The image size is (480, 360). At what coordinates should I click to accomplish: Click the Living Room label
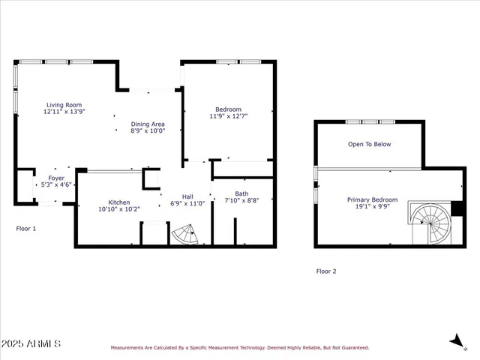[64, 105]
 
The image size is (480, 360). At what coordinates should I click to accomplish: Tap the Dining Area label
[148, 124]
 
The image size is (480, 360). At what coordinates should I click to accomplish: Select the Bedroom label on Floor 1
[228, 109]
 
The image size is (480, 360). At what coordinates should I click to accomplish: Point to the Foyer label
[57, 178]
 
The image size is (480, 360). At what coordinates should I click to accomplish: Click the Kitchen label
[119, 202]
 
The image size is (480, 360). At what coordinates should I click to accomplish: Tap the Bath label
[241, 193]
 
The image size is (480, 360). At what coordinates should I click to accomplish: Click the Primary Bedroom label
[372, 199]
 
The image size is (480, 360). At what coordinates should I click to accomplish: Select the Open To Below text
[369, 144]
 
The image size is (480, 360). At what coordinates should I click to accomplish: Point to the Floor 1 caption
[26, 228]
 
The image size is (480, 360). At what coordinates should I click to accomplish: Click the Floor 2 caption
[326, 271]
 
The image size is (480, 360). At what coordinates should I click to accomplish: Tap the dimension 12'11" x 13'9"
[64, 112]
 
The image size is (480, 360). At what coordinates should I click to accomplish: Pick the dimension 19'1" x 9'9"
[372, 206]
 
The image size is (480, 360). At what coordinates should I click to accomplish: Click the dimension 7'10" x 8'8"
[241, 200]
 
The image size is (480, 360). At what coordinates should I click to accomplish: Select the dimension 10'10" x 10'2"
[119, 208]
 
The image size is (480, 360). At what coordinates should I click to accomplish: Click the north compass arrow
[455, 340]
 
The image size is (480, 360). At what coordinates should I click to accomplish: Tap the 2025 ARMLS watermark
[31, 343]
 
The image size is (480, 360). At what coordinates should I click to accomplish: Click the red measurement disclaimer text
[240, 347]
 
